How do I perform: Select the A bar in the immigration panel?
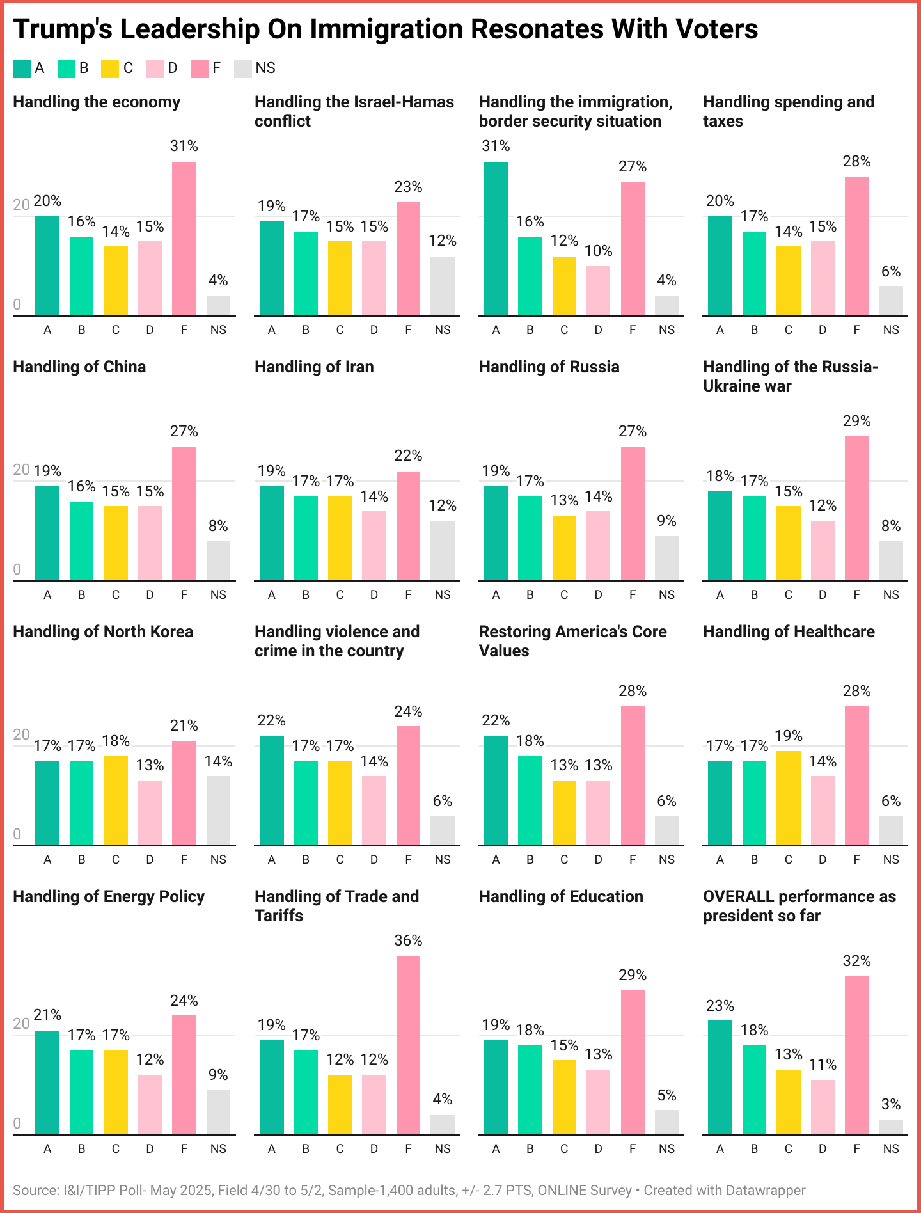[496, 239]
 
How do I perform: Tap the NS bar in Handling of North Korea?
[218, 811]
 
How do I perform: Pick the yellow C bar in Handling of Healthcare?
[788, 798]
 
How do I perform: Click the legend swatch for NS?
[243, 68]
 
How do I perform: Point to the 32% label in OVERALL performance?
[856, 961]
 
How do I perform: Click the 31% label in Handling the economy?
[184, 146]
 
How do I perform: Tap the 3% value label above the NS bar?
[890, 1104]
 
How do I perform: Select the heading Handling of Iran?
[314, 367]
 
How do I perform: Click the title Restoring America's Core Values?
[572, 640]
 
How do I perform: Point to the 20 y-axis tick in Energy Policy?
[21, 1024]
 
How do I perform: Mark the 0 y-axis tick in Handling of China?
[17, 569]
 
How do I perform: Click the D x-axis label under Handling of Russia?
[598, 595]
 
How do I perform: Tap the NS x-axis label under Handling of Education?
[666, 1149]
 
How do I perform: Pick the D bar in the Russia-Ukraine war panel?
[822, 551]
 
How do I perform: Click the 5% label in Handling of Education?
[666, 1095]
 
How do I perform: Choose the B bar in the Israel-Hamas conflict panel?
[306, 273]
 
